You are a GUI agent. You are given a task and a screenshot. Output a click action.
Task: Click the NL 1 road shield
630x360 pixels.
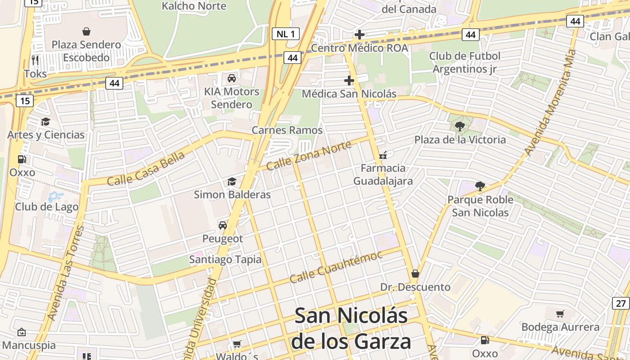click(286, 34)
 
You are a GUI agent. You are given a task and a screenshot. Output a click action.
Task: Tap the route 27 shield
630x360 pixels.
click(621, 303)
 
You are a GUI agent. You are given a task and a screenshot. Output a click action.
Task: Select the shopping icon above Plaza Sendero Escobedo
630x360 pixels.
click(86, 31)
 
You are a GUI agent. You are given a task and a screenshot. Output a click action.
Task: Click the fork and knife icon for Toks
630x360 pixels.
click(35, 60)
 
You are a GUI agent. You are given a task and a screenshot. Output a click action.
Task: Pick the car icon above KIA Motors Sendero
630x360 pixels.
click(232, 78)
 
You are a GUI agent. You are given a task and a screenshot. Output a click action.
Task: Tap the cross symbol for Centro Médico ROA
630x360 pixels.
click(360, 35)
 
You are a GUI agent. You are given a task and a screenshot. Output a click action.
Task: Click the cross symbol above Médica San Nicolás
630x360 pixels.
click(349, 81)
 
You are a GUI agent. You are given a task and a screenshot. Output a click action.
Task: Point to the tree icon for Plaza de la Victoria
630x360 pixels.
click(460, 126)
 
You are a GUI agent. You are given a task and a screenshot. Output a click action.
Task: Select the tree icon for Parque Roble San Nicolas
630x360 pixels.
click(480, 186)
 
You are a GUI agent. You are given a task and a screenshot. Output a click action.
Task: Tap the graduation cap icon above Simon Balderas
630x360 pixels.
click(232, 181)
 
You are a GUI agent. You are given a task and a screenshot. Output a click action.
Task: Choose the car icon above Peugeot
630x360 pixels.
click(222, 225)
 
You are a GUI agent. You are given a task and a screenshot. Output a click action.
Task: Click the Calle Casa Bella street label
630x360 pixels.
click(146, 169)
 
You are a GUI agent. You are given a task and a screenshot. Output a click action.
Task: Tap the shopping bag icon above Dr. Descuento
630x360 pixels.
click(415, 274)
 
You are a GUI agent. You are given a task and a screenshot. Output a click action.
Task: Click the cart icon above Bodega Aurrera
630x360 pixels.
click(560, 314)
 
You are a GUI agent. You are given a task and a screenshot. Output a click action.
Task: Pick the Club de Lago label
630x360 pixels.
click(47, 207)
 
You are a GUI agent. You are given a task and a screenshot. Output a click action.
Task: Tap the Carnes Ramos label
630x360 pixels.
click(287, 130)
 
